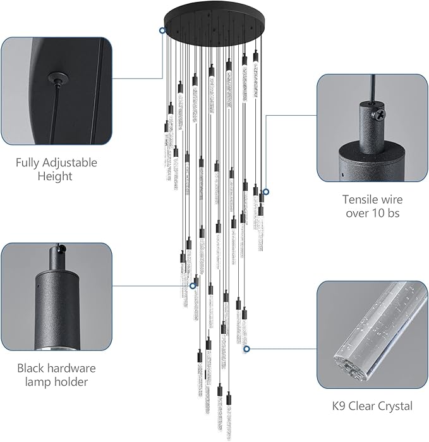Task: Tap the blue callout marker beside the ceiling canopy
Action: [x=162, y=30]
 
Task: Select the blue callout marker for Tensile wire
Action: [x=266, y=192]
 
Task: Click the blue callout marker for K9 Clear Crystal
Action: [x=247, y=348]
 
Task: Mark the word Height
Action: [x=56, y=176]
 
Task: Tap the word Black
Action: [x=32, y=368]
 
